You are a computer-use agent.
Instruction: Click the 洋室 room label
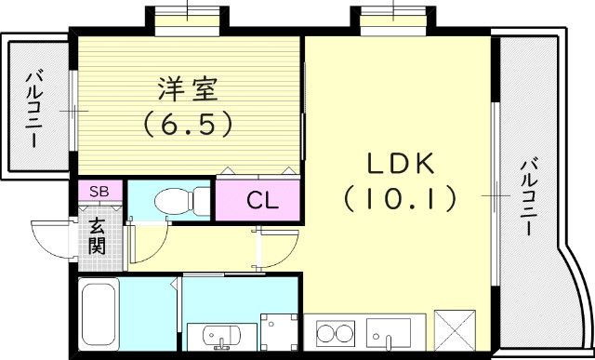tap(187, 90)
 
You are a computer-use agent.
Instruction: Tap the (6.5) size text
tap(187, 123)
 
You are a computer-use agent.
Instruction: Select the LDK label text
tap(400, 165)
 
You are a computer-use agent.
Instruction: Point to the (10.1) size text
tap(400, 197)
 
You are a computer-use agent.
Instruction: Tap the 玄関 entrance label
tap(98, 234)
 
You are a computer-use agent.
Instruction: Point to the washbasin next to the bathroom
tap(215, 334)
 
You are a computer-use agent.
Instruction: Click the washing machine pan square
tap(278, 333)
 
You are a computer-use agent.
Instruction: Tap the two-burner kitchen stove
tap(336, 333)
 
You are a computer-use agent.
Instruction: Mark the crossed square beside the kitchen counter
tap(456, 333)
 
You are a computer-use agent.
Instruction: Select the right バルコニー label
tap(527, 198)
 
